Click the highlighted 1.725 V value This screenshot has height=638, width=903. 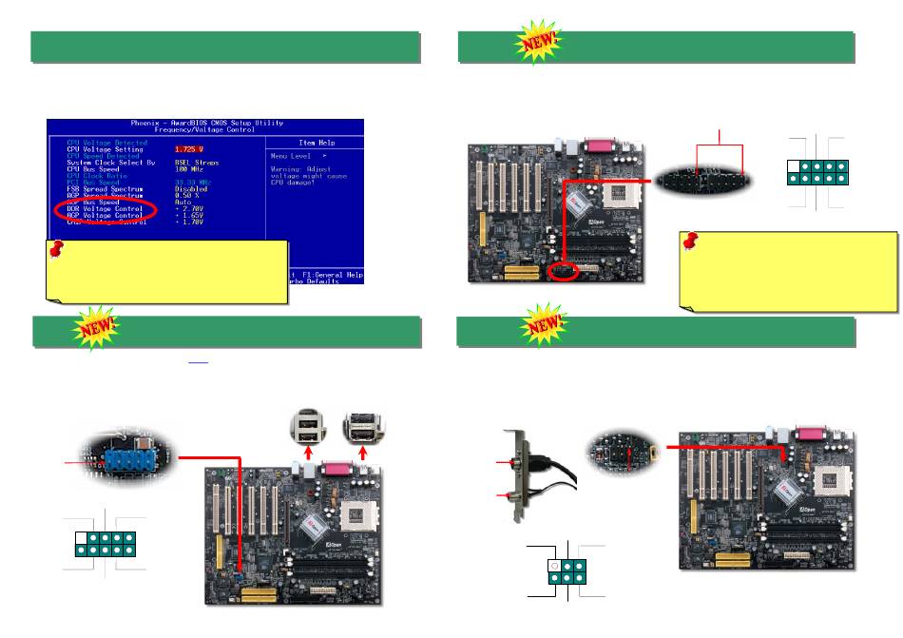pyautogui.click(x=188, y=149)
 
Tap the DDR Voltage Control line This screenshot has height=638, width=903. pyautogui.click(x=105, y=208)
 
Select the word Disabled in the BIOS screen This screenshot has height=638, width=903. pyautogui.click(x=192, y=188)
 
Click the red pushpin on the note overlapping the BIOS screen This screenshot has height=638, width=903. pyautogui.click(x=57, y=250)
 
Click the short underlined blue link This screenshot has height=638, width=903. pyautogui.click(x=198, y=362)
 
